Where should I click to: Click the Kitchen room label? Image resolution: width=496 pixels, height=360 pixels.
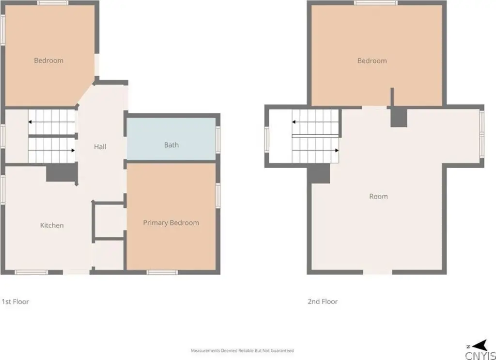(52, 225)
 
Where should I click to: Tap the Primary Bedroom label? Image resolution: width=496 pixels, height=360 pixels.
(171, 223)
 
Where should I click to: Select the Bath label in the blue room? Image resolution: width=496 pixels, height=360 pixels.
(171, 145)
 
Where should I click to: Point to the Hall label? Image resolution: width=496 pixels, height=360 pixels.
(100, 146)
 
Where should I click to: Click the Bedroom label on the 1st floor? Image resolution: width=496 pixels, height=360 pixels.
(49, 61)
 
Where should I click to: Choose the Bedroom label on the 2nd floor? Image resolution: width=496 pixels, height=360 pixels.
(372, 61)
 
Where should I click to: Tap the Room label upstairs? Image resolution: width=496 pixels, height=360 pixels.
(378, 196)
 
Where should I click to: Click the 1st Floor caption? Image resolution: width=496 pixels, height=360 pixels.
(15, 301)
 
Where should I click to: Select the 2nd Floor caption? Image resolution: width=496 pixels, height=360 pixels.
(323, 301)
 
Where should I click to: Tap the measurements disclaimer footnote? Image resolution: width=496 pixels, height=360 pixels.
(242, 350)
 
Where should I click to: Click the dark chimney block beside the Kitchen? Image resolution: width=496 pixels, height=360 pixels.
(62, 172)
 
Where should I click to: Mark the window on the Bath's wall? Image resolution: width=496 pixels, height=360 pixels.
(218, 140)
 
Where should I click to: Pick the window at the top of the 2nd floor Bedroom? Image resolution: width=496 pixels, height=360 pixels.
(375, 3)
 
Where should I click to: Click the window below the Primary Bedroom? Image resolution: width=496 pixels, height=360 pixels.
(162, 272)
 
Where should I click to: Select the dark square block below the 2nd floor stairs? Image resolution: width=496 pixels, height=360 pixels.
(319, 173)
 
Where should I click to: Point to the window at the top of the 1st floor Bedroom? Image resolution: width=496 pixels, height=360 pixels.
(52, 3)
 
